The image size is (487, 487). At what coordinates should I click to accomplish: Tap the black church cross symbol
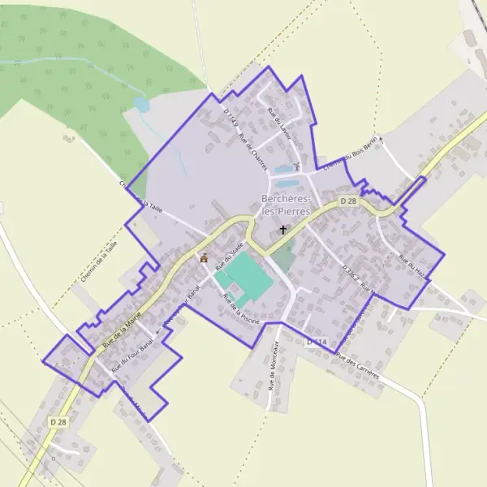(x=283, y=230)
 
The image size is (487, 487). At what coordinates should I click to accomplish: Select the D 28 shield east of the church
(x=349, y=200)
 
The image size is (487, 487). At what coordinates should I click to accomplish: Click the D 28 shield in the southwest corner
(x=58, y=422)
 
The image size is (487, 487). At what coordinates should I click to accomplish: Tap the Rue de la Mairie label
(x=122, y=325)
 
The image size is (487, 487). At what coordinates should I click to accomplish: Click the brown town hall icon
(x=204, y=258)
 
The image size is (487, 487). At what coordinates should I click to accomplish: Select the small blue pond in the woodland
(x=142, y=105)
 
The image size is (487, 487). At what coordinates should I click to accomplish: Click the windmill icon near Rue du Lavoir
(x=297, y=167)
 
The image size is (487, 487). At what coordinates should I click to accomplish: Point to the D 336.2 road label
(x=351, y=274)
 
